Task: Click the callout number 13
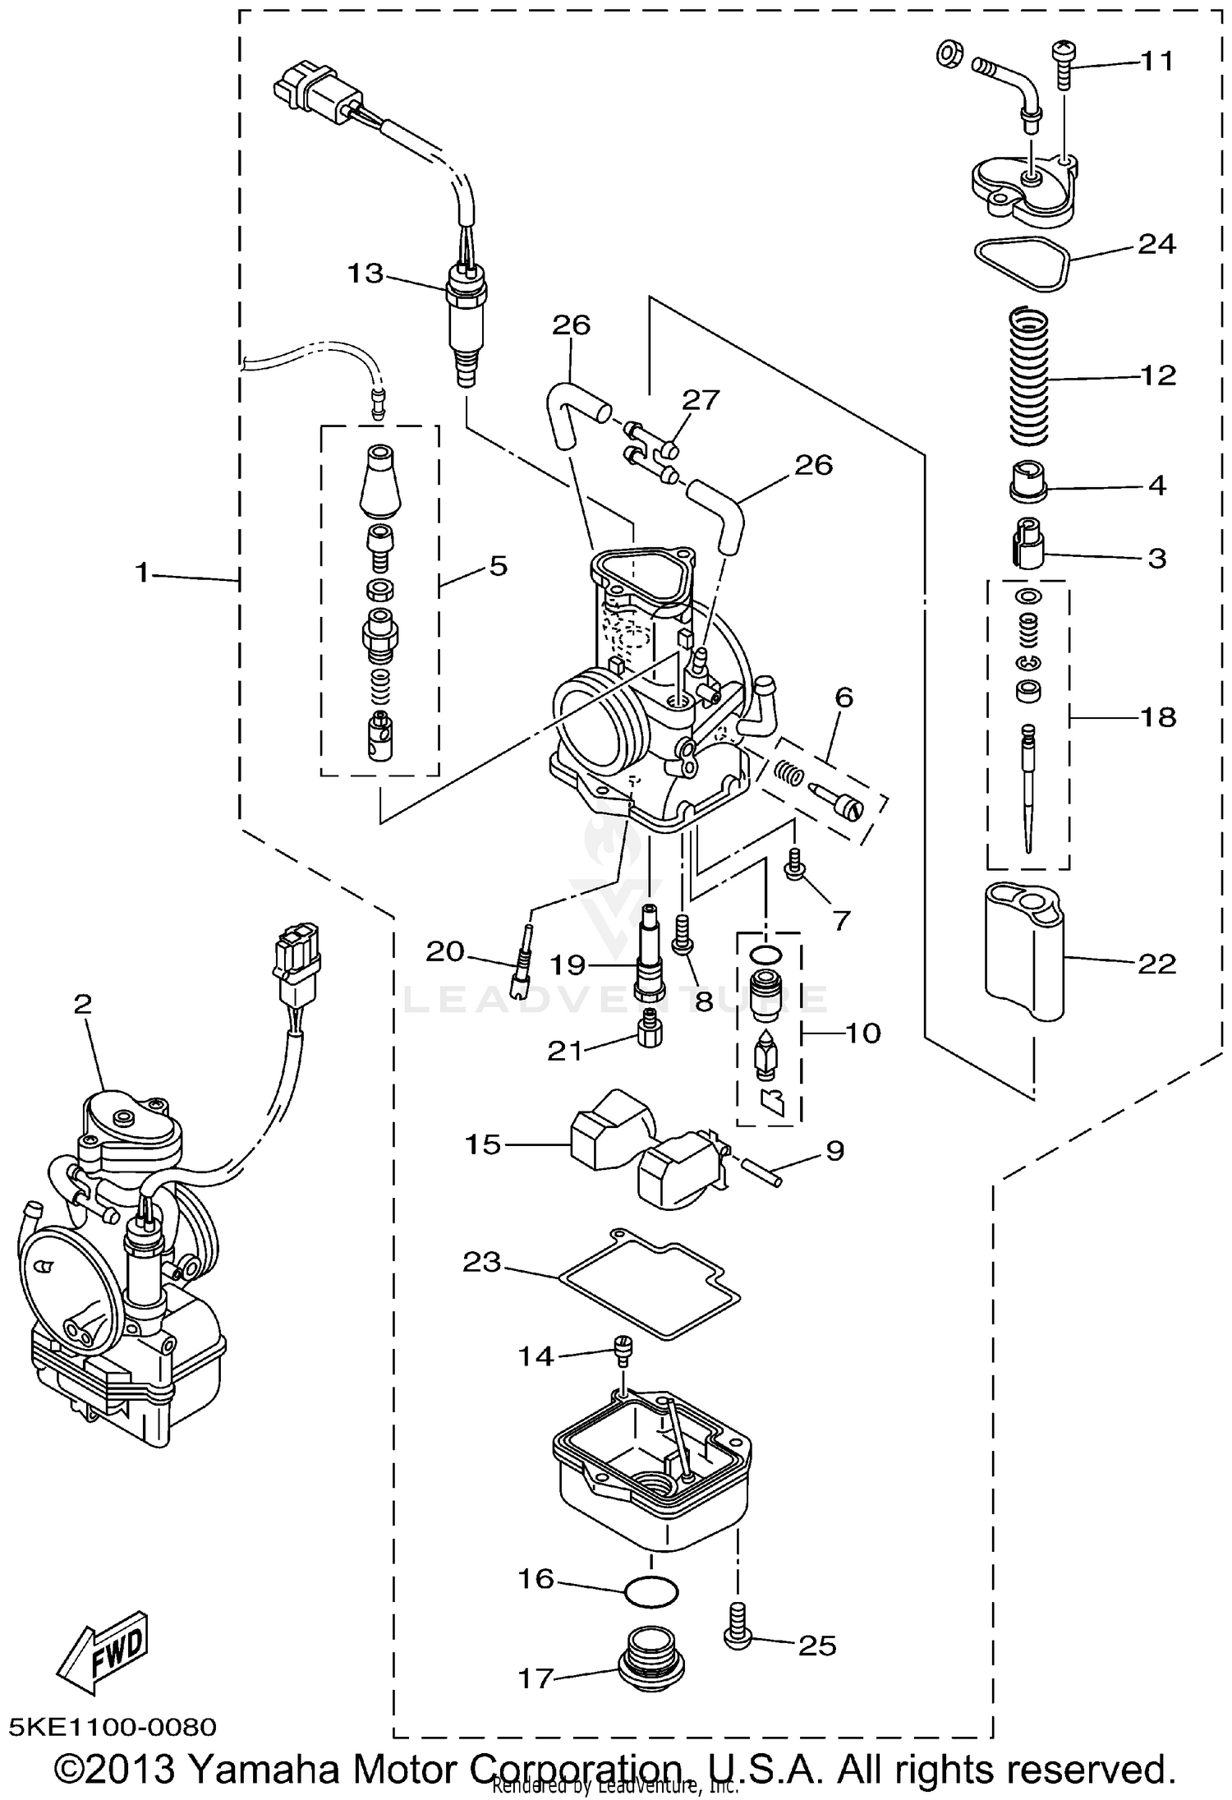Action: (365, 273)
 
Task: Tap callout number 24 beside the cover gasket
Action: (1156, 244)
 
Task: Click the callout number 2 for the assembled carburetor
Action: (82, 1003)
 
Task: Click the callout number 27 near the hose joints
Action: (701, 400)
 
